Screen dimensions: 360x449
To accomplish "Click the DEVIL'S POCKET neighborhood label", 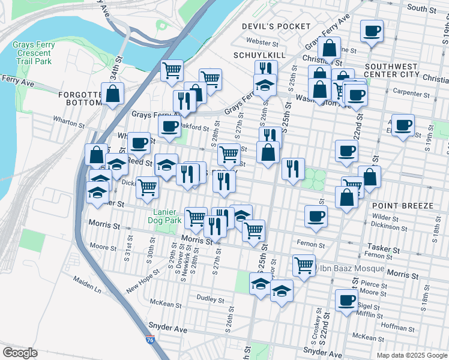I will pyautogui.click(x=276, y=26).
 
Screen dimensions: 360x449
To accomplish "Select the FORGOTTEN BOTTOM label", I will pyautogui.click(x=81, y=98).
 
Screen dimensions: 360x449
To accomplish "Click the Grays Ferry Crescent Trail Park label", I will pyautogui.click(x=34, y=53).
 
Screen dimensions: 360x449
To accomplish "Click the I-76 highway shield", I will pyautogui.click(x=149, y=340).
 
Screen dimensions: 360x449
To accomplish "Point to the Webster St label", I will pyautogui.click(x=262, y=43).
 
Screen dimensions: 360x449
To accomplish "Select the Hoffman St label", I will pyautogui.click(x=394, y=326).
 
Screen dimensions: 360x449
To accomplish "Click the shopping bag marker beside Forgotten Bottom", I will pyautogui.click(x=113, y=93).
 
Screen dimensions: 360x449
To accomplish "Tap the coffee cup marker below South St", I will pyautogui.click(x=372, y=31).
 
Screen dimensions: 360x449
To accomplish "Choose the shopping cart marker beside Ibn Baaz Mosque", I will pyautogui.click(x=304, y=264).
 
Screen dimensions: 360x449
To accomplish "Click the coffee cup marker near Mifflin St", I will pyautogui.click(x=345, y=300).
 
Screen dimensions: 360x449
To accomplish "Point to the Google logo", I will pyautogui.click(x=20, y=353).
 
